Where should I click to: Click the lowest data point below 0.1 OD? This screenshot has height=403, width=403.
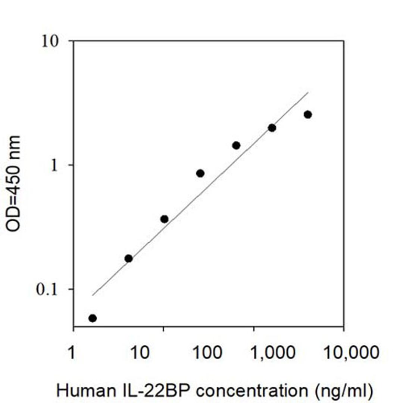tap(93, 318)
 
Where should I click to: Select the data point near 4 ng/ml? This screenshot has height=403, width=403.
tap(128, 258)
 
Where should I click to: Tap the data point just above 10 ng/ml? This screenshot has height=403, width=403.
tap(164, 219)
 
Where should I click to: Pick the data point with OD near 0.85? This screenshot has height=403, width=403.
tap(200, 173)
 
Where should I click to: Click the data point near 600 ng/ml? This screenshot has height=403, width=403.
tap(236, 145)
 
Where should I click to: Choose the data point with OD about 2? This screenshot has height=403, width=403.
tap(272, 128)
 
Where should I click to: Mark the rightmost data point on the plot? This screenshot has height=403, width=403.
tap(308, 115)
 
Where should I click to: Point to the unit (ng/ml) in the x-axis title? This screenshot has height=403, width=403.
tap(343, 390)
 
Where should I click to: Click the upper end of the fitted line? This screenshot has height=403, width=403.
tap(308, 92)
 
